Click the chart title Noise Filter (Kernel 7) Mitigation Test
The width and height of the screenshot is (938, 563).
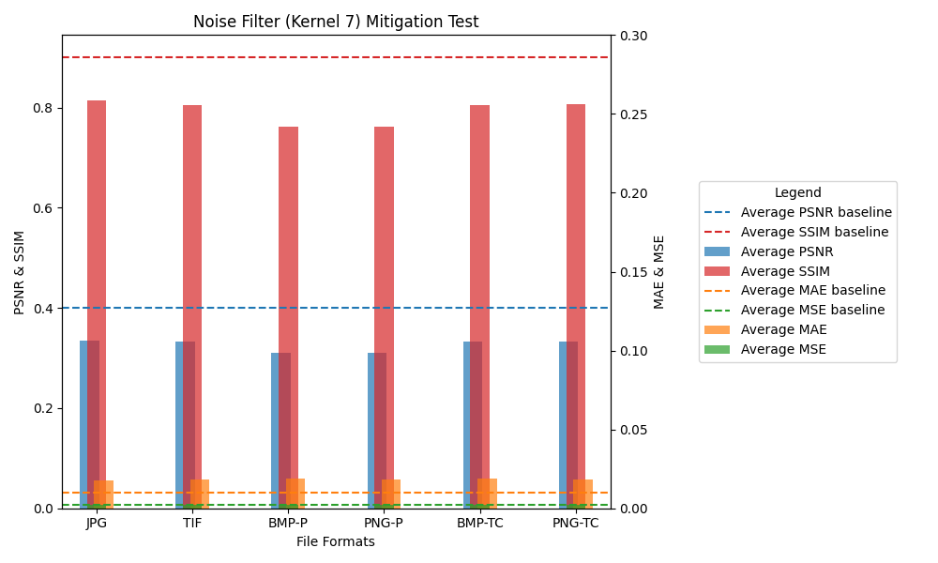point(336,22)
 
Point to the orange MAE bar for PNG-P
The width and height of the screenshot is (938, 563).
point(391,494)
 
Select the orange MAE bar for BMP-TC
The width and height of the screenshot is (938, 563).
point(487,493)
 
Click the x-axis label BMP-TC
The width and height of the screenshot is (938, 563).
point(479,523)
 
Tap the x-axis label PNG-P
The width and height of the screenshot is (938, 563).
point(384,523)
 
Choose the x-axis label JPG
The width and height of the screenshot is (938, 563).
point(97,523)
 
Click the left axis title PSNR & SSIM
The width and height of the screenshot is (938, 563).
point(20,272)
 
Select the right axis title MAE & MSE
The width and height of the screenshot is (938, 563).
point(659,272)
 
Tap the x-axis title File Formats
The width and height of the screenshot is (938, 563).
point(336,541)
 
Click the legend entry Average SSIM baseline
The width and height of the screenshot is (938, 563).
point(814,232)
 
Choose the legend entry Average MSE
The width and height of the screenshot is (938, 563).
point(783,349)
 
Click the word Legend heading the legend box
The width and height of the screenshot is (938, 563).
point(797,193)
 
